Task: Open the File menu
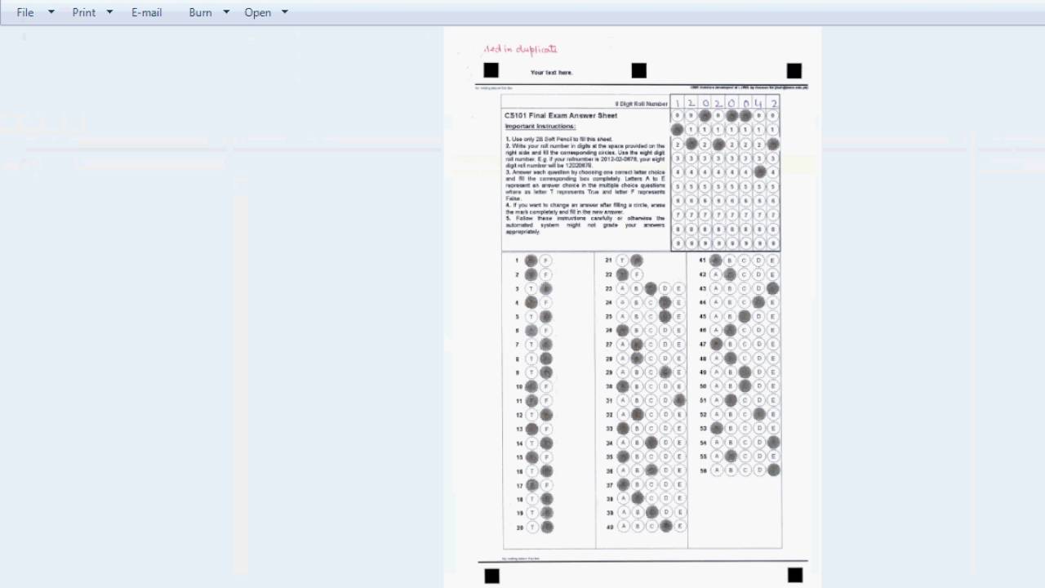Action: pyautogui.click(x=25, y=12)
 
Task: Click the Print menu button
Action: pyautogui.click(x=84, y=12)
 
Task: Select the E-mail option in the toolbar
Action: pyautogui.click(x=147, y=12)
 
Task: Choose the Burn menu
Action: pyautogui.click(x=200, y=12)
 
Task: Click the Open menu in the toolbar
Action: pyautogui.click(x=258, y=12)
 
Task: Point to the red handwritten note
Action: pyautogui.click(x=520, y=50)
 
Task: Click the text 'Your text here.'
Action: pyautogui.click(x=552, y=73)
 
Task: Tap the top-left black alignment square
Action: pyautogui.click(x=491, y=70)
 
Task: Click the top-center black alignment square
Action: pyautogui.click(x=638, y=71)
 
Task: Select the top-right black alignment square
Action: pyautogui.click(x=794, y=71)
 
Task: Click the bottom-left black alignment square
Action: pyautogui.click(x=491, y=576)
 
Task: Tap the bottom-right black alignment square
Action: pyautogui.click(x=794, y=575)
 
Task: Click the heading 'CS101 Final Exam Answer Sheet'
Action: pyautogui.click(x=561, y=116)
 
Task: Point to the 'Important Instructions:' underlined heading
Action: pyautogui.click(x=540, y=127)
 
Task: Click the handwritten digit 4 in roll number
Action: pyautogui.click(x=759, y=103)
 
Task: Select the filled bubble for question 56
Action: pyautogui.click(x=773, y=470)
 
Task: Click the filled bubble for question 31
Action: pyautogui.click(x=679, y=400)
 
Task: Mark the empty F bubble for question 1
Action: pyautogui.click(x=546, y=261)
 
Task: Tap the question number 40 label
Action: pyautogui.click(x=609, y=527)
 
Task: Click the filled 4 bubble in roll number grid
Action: pyautogui.click(x=760, y=172)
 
